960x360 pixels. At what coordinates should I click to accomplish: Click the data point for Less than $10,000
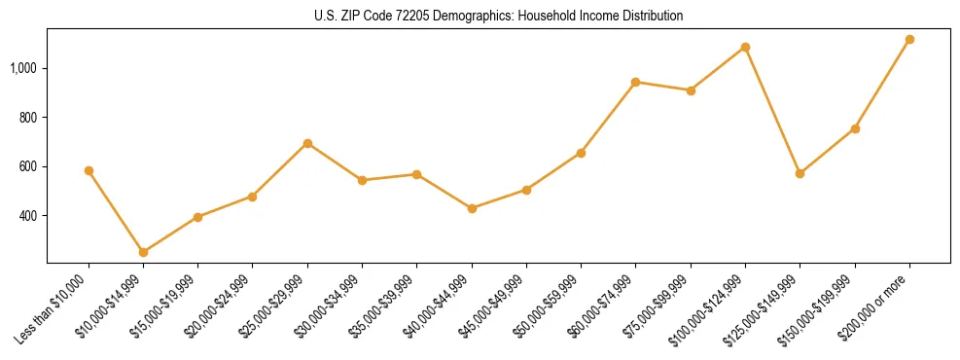pyautogui.click(x=89, y=170)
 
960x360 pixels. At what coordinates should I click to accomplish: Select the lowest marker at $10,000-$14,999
pyautogui.click(x=143, y=252)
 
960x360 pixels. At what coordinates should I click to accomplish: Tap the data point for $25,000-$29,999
pyautogui.click(x=307, y=143)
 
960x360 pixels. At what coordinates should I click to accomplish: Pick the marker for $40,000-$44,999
pyautogui.click(x=472, y=208)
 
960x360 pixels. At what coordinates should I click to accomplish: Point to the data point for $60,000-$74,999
pyautogui.click(x=635, y=82)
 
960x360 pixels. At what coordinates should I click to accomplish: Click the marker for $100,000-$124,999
pyautogui.click(x=745, y=47)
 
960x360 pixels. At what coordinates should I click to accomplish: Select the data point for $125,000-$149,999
pyautogui.click(x=800, y=173)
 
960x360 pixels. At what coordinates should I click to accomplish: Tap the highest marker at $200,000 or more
pyautogui.click(x=909, y=40)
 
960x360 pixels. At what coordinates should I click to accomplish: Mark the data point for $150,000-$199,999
pyautogui.click(x=855, y=128)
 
